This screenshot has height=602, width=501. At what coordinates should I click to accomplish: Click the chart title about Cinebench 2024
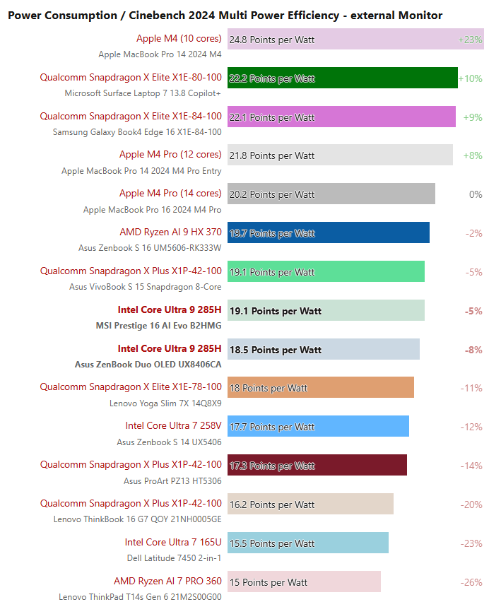coord(225,15)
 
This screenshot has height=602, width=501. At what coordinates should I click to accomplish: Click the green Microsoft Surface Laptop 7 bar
coord(343,78)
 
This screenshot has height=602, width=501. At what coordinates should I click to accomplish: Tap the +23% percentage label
coord(470,40)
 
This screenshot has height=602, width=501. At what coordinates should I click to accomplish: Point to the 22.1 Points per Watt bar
coord(341,117)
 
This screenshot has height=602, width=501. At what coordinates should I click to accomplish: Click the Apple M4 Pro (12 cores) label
coord(170,154)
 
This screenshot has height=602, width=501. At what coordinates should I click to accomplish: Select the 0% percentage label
coord(476,194)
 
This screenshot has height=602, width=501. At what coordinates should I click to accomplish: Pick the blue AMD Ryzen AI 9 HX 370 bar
coord(329,233)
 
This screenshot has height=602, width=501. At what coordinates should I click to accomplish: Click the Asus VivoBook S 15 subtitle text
coord(145,287)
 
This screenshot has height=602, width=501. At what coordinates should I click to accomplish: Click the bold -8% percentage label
coord(473,350)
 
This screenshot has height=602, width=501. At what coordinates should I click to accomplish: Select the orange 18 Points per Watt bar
coord(321,388)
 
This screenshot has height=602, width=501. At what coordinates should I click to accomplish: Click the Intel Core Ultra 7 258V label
coord(173,425)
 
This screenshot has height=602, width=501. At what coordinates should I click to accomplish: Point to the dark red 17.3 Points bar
coord(317,466)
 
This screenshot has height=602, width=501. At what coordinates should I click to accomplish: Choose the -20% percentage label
coord(471,504)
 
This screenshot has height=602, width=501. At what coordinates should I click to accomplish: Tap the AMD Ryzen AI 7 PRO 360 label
coord(167,581)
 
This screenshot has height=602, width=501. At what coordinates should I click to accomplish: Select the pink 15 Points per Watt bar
coord(304,582)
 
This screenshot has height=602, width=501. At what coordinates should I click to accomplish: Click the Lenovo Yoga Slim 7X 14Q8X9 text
coord(165,403)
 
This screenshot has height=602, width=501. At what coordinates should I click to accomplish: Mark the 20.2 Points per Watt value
coord(272,194)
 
